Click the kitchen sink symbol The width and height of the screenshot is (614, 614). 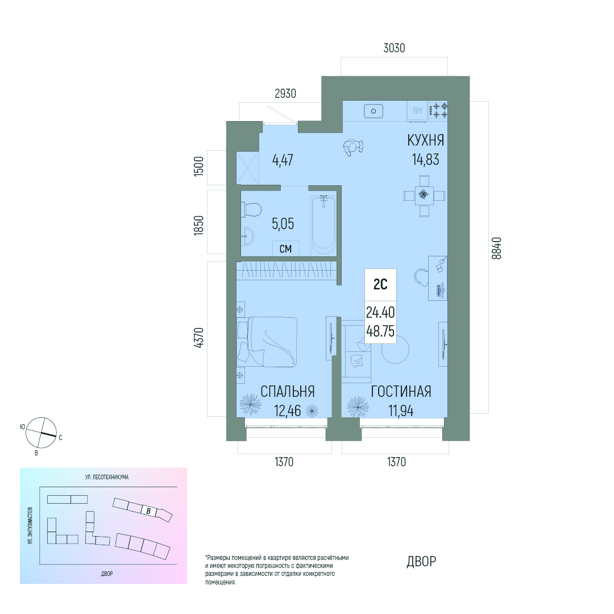[374, 111]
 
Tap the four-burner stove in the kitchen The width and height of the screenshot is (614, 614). [438, 110]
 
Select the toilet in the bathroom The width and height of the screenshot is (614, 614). [251, 210]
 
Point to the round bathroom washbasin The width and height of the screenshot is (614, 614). [247, 236]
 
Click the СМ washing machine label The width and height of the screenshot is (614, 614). [285, 248]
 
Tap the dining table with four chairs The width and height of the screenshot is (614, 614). [424, 196]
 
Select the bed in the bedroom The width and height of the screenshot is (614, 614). [267, 342]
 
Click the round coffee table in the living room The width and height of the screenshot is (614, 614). [396, 350]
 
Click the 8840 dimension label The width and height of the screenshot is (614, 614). [496, 248]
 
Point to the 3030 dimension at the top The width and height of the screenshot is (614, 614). [394, 48]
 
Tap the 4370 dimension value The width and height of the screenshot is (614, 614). [199, 338]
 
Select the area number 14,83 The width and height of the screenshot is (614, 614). [425, 159]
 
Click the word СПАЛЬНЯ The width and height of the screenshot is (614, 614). [288, 392]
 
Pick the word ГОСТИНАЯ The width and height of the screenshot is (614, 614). [401, 392]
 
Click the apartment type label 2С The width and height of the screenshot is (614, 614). [380, 284]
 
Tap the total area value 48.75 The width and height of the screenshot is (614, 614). [380, 331]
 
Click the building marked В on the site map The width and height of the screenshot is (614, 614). [148, 511]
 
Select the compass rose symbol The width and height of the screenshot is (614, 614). [41, 433]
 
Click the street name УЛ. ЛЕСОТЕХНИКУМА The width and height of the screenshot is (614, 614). [107, 477]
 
